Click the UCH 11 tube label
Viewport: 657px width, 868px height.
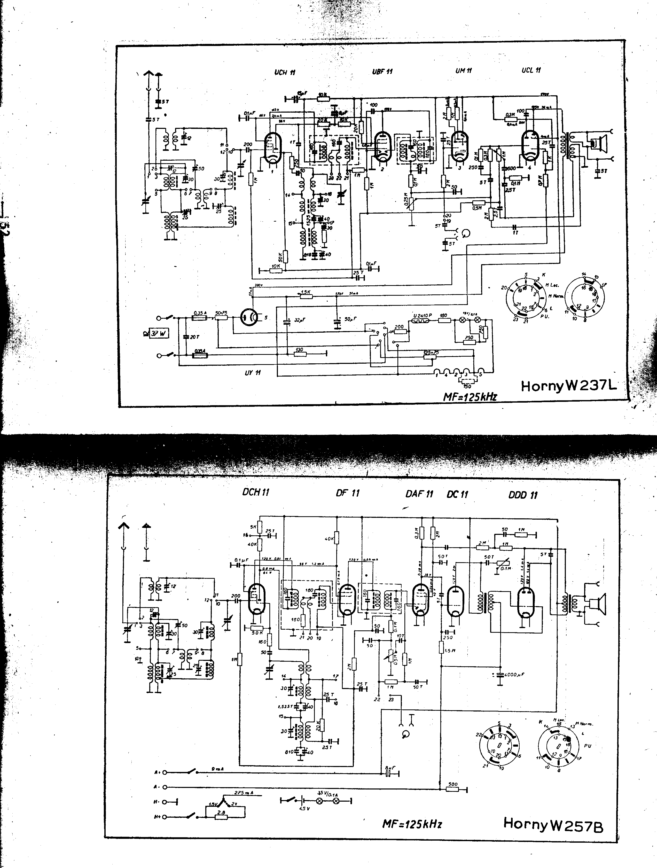[285, 73]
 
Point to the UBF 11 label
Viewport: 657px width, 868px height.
[382, 72]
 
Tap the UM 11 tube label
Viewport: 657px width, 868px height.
[464, 71]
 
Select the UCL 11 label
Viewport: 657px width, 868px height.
[531, 70]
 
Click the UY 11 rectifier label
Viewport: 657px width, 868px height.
[253, 372]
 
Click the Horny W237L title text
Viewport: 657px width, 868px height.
[569, 386]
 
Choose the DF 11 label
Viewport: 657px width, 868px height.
[348, 493]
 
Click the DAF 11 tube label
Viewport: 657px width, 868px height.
[419, 494]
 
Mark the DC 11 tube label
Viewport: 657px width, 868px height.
[457, 494]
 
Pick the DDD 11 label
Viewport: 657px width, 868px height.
[523, 495]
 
